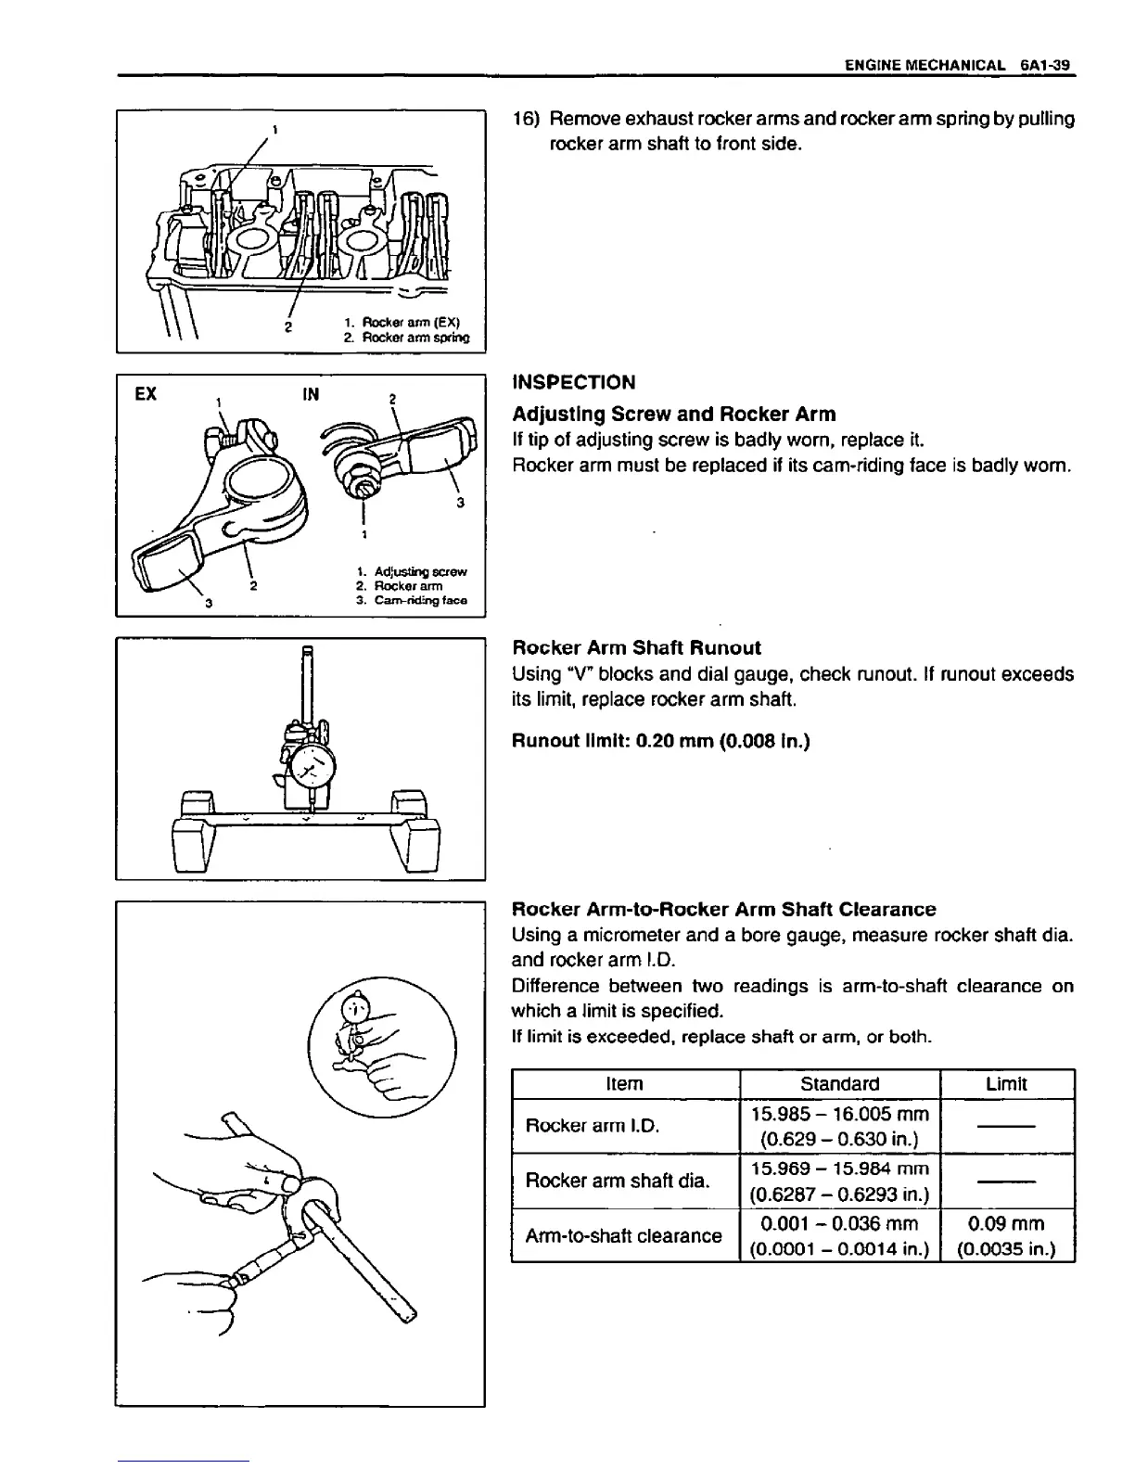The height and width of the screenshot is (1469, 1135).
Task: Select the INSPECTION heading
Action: point(574,382)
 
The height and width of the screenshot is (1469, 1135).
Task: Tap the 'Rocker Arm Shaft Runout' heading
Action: point(636,647)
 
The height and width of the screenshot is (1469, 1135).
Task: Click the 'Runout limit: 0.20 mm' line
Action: point(661,741)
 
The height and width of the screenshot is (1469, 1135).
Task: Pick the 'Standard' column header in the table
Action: point(839,1083)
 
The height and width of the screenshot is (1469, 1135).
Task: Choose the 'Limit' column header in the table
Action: point(1006,1083)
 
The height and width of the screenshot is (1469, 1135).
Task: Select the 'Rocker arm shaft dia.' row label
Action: point(617,1181)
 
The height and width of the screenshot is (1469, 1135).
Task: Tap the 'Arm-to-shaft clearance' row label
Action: point(623,1235)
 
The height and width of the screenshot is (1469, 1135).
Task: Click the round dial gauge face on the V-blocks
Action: point(314,767)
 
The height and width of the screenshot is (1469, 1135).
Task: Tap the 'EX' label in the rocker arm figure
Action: point(146,394)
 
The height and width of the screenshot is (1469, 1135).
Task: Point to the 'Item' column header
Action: point(624,1083)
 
